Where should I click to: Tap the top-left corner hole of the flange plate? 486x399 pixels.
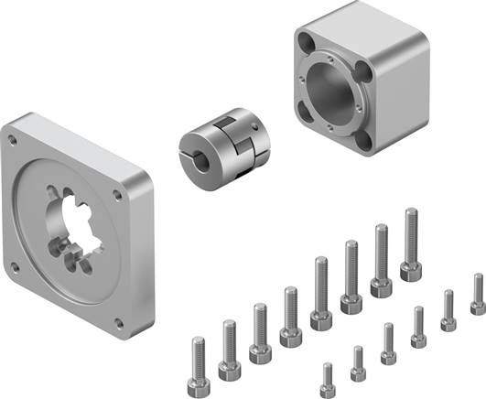pyautogui.click(x=13, y=140)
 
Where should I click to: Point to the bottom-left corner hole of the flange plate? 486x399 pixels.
pyautogui.click(x=14, y=268)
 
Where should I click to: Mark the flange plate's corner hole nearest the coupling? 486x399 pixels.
pyautogui.click(x=117, y=194)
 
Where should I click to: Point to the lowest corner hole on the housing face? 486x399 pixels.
pyautogui.click(x=364, y=142)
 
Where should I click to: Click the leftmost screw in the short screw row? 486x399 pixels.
pyautogui.click(x=328, y=380)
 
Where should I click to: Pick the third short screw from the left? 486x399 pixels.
pyautogui.click(x=388, y=342)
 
